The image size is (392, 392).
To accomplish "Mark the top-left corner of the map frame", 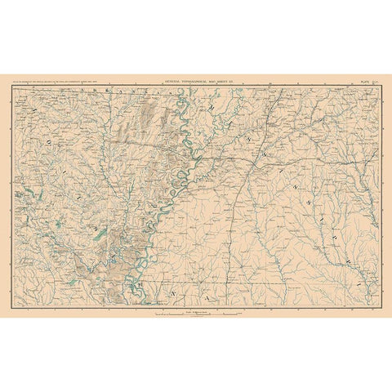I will click(x=15, y=85).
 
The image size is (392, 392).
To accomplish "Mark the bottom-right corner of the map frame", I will click(x=377, y=308).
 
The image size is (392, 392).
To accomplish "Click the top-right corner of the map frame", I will click(x=377, y=85).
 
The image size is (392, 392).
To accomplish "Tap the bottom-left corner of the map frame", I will click(x=15, y=308).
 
